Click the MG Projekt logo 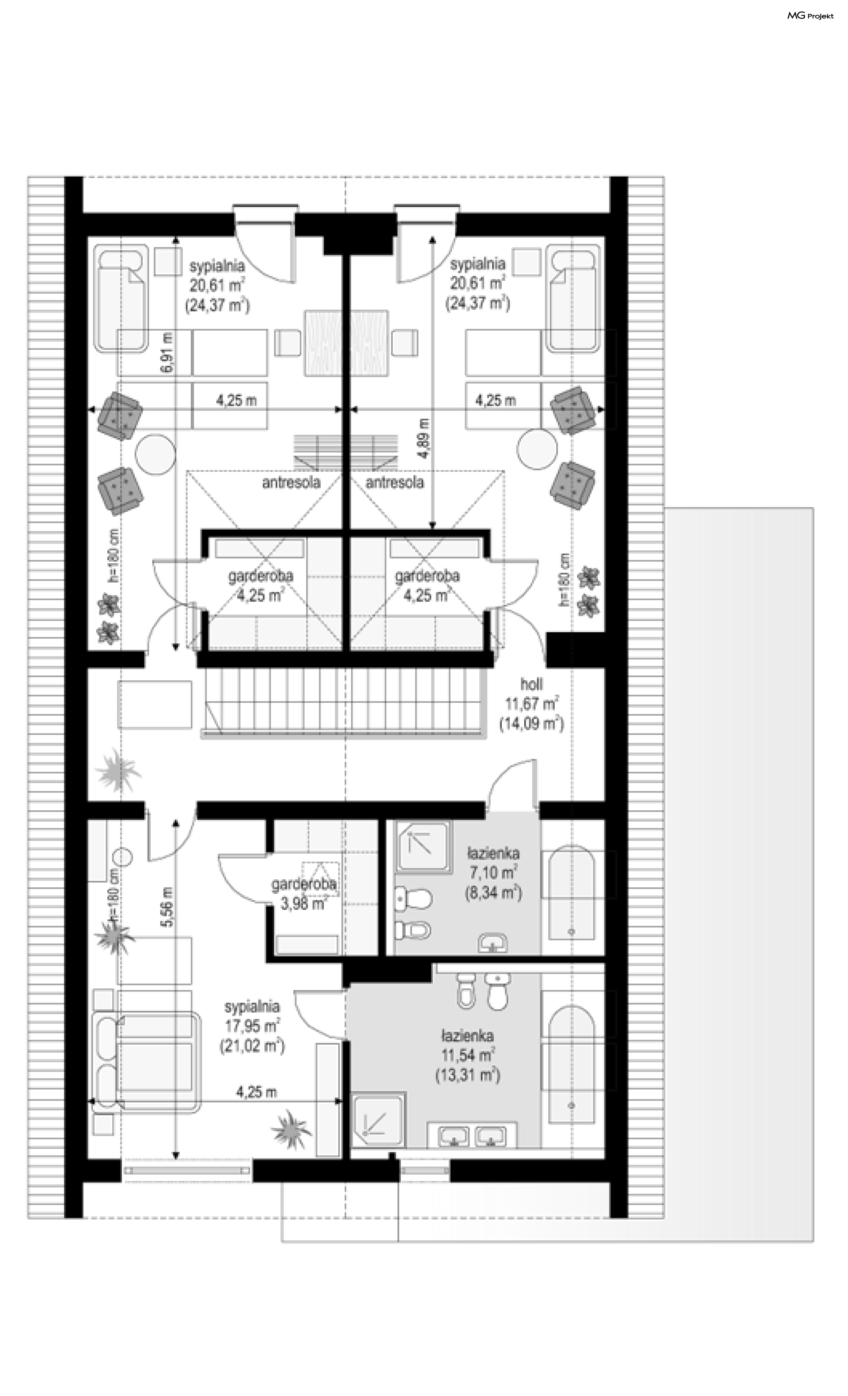point(810,16)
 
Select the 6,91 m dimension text point(167,353)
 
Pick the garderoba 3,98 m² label point(303,893)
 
